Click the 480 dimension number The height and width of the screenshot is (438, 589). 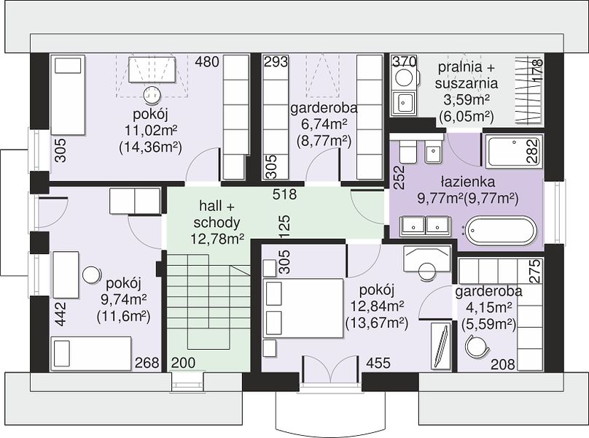tap(206, 61)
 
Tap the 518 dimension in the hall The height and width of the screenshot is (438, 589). tap(285, 194)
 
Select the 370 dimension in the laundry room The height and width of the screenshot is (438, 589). tap(404, 61)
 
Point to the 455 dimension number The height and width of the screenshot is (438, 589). tap(378, 363)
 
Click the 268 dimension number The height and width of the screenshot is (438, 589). tap(147, 363)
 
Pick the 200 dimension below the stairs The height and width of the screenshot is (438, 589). tap(183, 363)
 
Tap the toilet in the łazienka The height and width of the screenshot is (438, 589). tap(407, 151)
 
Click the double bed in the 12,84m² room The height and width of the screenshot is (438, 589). tap(304, 308)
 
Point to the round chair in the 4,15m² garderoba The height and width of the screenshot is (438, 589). tap(476, 346)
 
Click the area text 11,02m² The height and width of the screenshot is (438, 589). tap(151, 130)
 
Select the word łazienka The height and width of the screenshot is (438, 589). tap(468, 182)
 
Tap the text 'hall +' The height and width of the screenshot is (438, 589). tap(217, 206)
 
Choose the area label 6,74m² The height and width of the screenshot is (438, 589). tap(324, 124)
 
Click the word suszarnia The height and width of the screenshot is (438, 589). tap(466, 83)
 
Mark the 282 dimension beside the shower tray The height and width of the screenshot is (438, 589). tap(533, 151)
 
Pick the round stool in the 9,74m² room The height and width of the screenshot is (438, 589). tap(91, 275)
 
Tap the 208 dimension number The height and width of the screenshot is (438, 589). tap(503, 364)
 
